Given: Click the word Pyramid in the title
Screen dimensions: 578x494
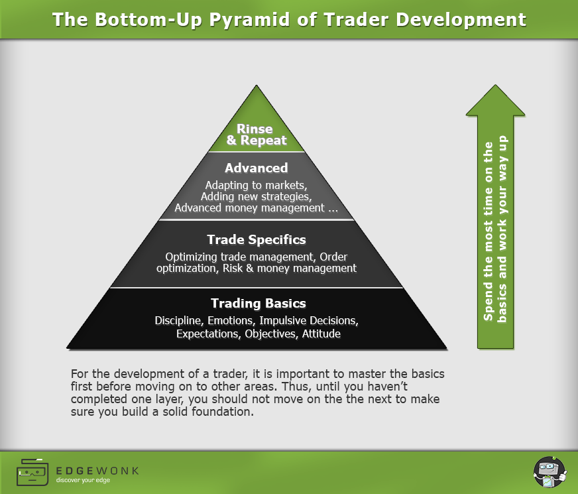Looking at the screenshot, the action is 249,20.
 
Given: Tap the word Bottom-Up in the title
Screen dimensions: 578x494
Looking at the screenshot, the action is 148,20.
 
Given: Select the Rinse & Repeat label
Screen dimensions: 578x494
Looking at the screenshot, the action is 257,135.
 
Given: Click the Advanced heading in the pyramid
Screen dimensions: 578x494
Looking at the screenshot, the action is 257,168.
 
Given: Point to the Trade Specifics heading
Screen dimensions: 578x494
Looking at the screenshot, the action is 257,239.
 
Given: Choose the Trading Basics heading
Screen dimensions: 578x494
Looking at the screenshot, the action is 258,303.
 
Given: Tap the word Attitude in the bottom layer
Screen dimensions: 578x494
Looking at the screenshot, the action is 321,334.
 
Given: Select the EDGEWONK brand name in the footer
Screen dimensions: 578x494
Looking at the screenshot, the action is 97,471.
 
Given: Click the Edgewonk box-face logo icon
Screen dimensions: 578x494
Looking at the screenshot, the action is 32,472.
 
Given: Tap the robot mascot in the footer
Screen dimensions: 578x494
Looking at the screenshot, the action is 549,472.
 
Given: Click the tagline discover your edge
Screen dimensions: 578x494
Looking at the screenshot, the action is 83,480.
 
